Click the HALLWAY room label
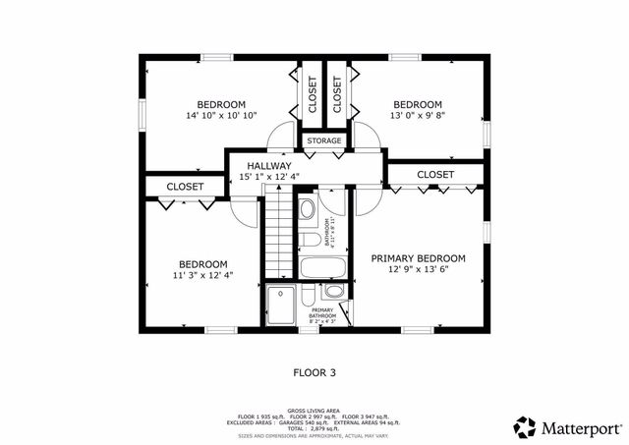coord(268,166)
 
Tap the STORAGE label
coord(323,141)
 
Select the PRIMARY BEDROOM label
coord(418,258)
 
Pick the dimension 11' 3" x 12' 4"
coord(202,276)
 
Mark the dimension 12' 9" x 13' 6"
coord(418,270)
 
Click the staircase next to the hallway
coord(282,236)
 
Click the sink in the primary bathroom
coord(334,291)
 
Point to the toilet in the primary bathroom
coord(309,299)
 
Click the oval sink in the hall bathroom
coord(306,208)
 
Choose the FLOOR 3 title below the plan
coord(314,372)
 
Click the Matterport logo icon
coord(525,427)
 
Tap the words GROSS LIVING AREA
coord(314,411)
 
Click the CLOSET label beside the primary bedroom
coord(435,175)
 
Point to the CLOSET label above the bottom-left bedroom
coord(184,186)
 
